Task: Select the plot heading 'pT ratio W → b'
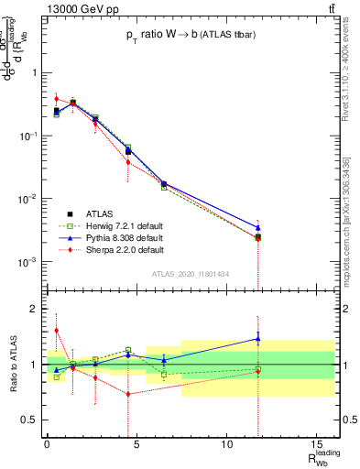189,36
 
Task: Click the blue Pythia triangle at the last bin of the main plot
258,227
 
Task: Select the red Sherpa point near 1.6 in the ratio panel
56,331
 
